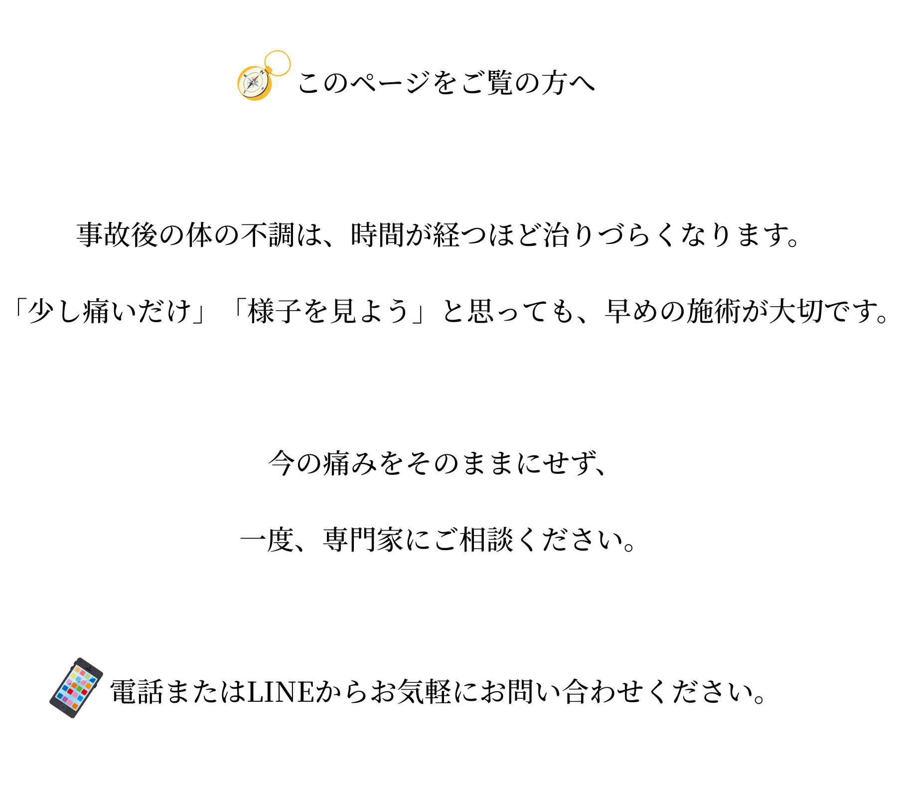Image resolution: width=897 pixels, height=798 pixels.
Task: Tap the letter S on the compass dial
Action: point(245,92)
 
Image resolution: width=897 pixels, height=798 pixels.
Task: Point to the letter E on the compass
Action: point(263,89)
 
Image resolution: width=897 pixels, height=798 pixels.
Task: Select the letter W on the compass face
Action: point(245,76)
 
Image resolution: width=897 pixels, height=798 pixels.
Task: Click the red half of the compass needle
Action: point(256,78)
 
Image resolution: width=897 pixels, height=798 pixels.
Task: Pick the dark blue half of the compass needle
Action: point(250,86)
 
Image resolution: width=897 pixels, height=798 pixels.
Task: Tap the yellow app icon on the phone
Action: point(73,676)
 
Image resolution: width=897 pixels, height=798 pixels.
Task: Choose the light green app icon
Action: point(88,677)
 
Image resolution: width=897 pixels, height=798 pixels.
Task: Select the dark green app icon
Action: point(79,689)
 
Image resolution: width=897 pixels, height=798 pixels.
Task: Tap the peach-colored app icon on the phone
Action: point(78,670)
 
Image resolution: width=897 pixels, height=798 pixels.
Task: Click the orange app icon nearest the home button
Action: point(75,706)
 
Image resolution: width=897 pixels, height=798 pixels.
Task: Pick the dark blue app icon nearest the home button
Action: point(60,696)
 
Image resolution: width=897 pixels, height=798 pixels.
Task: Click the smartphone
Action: point(76,688)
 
